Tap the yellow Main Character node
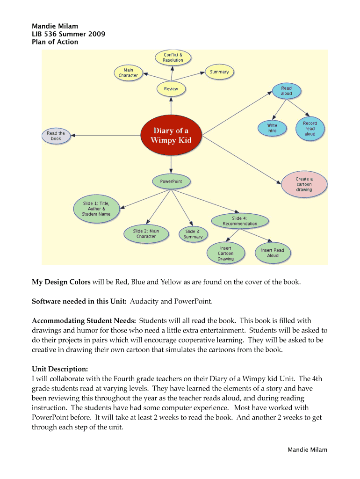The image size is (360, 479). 128,73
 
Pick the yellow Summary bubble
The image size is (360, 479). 219,72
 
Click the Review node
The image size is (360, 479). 171,89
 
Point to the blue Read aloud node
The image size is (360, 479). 286,91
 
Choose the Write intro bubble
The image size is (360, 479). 272,128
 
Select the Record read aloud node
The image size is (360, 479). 310,129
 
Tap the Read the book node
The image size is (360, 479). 56,136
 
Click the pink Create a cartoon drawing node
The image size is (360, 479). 304,184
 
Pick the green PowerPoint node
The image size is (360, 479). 171,181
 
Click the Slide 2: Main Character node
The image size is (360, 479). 146,233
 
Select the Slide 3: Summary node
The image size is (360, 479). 193,234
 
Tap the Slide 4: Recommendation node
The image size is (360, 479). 240,221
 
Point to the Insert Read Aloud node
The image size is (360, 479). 273,253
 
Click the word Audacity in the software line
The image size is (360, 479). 144,302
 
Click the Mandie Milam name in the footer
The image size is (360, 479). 307,450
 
